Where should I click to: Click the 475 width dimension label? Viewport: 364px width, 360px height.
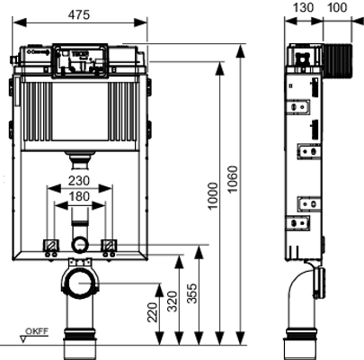(x=79, y=14)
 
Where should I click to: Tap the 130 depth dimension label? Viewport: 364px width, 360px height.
(x=303, y=7)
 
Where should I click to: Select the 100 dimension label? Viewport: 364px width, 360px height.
(x=337, y=7)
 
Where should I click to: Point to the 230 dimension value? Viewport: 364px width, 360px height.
(x=79, y=181)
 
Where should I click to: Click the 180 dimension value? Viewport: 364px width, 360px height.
(x=79, y=196)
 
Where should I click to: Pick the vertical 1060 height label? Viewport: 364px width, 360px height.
(x=233, y=179)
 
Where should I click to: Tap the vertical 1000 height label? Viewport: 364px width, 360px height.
(x=214, y=196)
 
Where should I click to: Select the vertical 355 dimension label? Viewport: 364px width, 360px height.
(x=193, y=293)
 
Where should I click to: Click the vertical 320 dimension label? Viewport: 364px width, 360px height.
(x=173, y=301)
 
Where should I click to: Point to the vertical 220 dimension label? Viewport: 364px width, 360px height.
(x=153, y=312)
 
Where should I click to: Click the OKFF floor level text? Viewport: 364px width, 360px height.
(x=37, y=331)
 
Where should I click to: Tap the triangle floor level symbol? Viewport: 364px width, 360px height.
(x=23, y=339)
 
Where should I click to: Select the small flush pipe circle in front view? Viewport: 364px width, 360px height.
(x=80, y=245)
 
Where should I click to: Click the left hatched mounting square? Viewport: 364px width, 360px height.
(x=50, y=245)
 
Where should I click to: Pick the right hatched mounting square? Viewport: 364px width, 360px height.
(x=109, y=245)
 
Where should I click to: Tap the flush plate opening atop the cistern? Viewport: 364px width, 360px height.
(x=80, y=61)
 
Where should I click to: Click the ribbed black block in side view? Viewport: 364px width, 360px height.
(x=338, y=61)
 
